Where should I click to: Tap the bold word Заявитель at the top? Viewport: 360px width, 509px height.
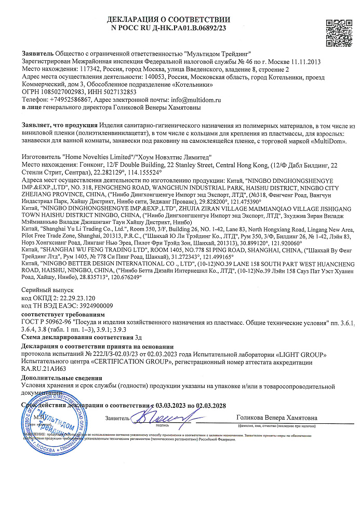37,53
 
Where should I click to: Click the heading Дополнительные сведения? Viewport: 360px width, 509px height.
62,378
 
